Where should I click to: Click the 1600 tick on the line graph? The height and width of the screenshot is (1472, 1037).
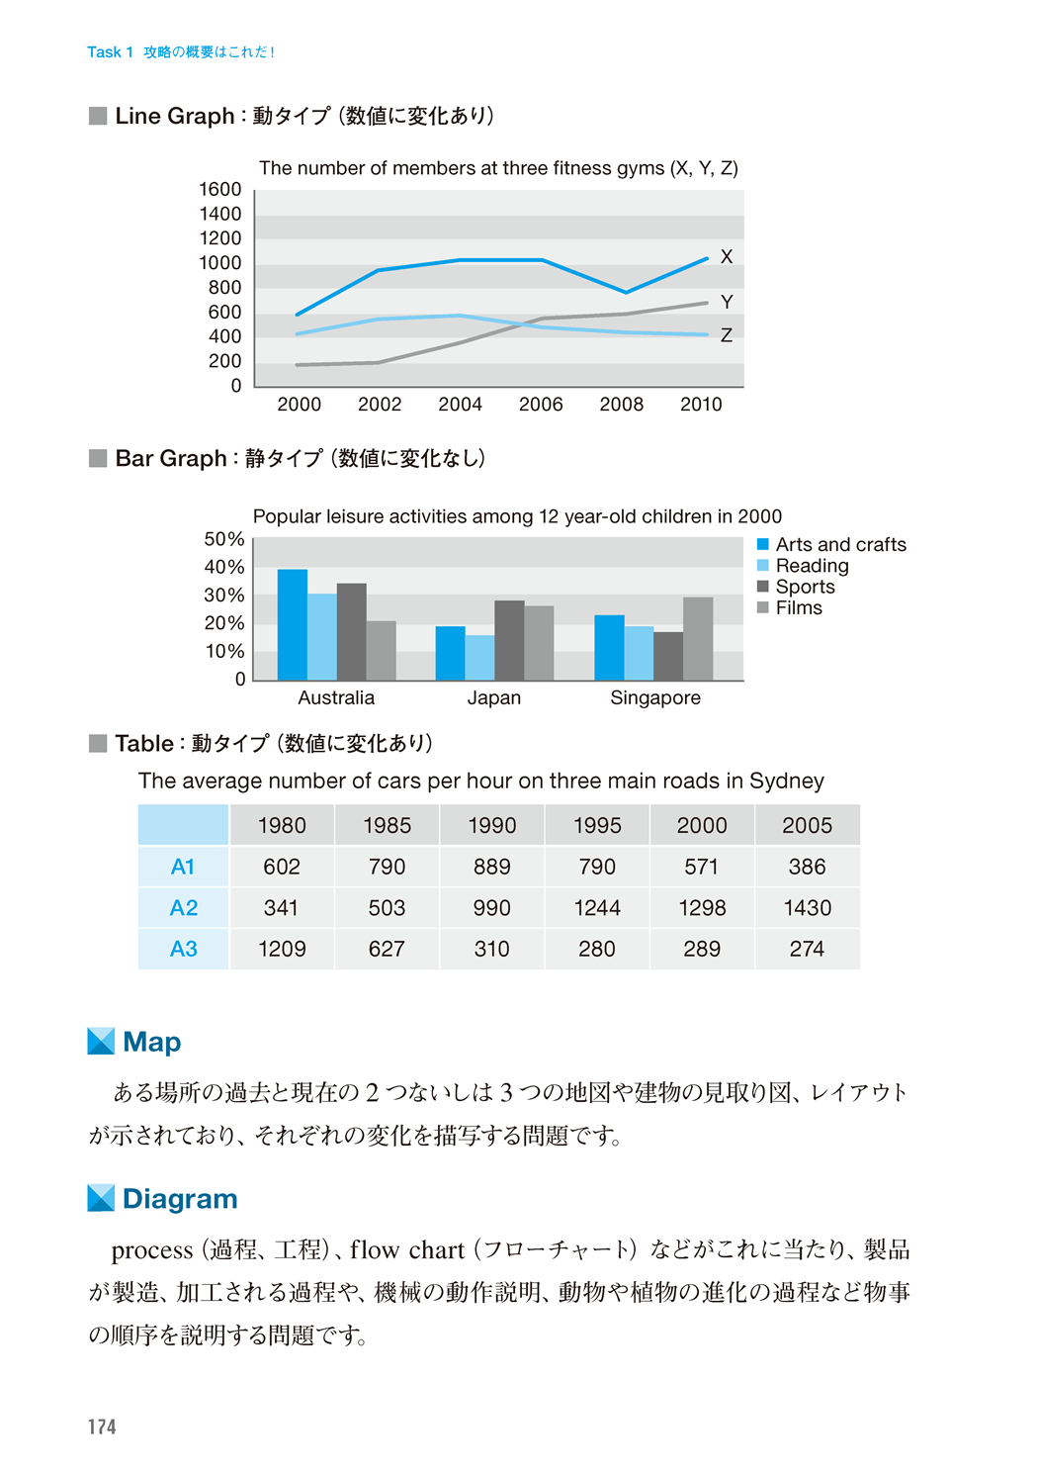(x=219, y=189)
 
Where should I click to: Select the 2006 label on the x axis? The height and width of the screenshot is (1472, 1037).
(x=541, y=405)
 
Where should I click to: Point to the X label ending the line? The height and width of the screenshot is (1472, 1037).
(x=727, y=257)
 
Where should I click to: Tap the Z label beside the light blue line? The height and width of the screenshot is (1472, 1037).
(x=727, y=336)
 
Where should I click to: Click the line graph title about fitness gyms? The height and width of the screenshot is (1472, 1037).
(x=498, y=168)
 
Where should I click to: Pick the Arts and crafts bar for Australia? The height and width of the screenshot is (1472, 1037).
(x=293, y=625)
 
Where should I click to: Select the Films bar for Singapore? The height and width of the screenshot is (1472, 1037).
(x=698, y=639)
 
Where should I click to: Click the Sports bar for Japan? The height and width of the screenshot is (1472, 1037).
(x=509, y=640)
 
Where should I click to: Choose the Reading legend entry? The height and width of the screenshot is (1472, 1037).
(x=812, y=566)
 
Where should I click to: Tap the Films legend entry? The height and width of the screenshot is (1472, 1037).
(x=799, y=608)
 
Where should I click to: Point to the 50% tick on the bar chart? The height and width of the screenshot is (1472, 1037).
(x=224, y=539)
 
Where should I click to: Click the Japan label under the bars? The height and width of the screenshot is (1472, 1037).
(x=494, y=698)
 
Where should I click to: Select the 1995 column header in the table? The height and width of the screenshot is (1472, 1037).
(x=597, y=825)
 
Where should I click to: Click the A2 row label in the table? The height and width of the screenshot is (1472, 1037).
(x=184, y=908)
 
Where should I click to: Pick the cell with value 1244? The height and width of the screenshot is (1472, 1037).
(x=597, y=908)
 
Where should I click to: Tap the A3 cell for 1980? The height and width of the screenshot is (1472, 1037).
(x=282, y=950)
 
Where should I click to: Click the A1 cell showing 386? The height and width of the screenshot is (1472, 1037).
(x=807, y=868)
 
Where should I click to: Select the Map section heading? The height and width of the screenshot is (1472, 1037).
(x=151, y=1042)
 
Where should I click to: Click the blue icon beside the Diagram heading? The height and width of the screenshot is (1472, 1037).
(x=101, y=1198)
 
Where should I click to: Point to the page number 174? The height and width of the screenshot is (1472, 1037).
(x=102, y=1426)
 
